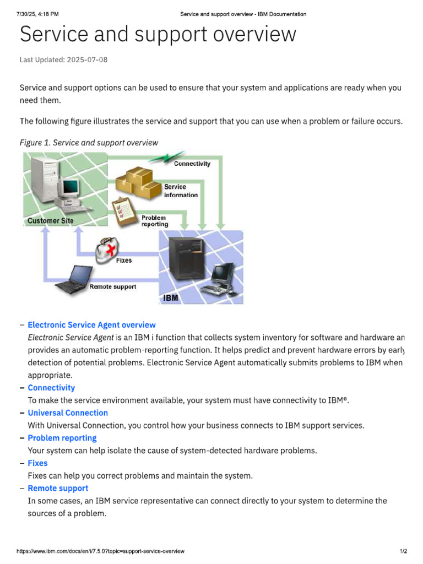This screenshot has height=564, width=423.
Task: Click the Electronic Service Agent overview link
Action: coord(91,325)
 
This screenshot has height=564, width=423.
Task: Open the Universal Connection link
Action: coord(68,413)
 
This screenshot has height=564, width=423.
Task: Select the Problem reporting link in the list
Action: coord(62,438)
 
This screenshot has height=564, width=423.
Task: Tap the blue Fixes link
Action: coord(37,463)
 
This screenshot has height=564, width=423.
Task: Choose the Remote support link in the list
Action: coord(58,489)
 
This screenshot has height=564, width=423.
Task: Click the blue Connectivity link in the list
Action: coord(51,388)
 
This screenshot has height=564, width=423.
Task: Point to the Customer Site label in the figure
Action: coord(50,221)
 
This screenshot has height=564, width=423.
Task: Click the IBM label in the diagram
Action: coord(171,298)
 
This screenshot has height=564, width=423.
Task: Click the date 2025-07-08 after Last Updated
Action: coord(87,59)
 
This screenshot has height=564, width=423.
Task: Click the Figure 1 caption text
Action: coord(89,143)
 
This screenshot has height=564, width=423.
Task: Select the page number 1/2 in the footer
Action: coord(403,551)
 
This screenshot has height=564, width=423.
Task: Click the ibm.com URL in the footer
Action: coord(100,551)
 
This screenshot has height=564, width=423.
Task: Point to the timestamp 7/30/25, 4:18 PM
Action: coord(37,14)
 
